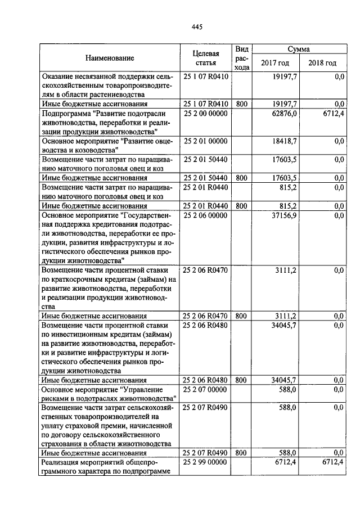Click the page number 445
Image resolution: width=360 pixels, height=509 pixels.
click(197, 27)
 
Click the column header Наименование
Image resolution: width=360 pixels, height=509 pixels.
click(110, 58)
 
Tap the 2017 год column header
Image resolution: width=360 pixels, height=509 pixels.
click(275, 63)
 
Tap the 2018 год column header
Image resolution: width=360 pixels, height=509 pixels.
click(322, 63)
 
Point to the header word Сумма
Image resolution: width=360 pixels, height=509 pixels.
click(298, 49)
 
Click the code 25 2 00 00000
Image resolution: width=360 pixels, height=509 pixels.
click(205, 113)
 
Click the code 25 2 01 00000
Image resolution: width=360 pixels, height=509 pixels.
click(205, 141)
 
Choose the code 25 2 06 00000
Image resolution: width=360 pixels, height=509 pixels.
click(205, 215)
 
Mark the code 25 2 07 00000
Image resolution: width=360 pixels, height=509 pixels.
click(205, 389)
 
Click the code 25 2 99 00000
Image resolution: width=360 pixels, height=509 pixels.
click(205, 462)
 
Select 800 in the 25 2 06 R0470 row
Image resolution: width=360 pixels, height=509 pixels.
click(241, 316)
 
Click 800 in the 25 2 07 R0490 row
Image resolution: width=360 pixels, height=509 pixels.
click(241, 453)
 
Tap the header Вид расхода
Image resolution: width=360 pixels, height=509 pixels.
click(241, 58)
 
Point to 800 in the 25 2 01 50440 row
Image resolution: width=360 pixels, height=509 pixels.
click(241, 178)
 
